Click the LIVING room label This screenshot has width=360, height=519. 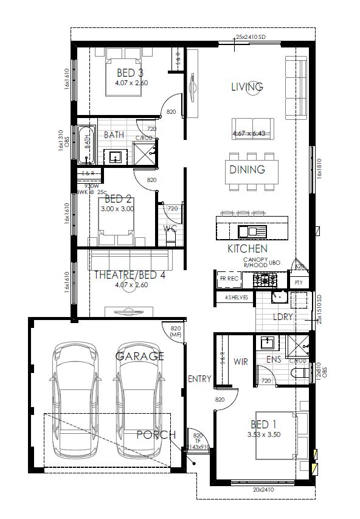247,87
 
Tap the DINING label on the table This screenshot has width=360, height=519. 247,170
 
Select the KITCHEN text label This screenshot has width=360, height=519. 247,249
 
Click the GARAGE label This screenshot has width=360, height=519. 140,356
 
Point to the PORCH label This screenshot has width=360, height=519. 156,434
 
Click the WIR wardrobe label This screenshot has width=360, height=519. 241,361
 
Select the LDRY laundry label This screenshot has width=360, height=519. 283,317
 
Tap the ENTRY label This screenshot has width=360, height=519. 199,379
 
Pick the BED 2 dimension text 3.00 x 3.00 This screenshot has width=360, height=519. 118,209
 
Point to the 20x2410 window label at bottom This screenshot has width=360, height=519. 264,489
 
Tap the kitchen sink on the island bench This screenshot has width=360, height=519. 251,231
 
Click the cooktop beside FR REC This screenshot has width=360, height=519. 265,280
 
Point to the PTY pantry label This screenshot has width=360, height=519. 298,283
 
